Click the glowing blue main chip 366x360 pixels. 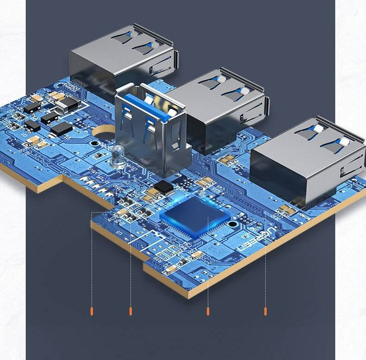(x=195, y=217)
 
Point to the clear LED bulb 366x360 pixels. (x=116, y=155)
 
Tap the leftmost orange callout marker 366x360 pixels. (x=92, y=312)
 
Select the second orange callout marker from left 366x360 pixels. (x=130, y=312)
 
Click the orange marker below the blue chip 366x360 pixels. (x=208, y=312)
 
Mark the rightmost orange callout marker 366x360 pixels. (x=265, y=312)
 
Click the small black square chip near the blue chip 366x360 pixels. (x=164, y=186)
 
